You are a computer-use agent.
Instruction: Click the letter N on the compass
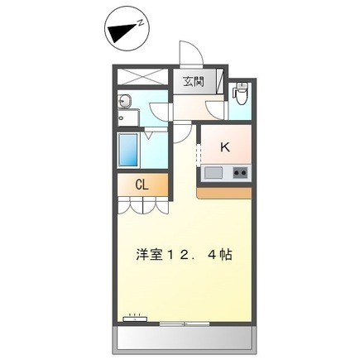[141, 22]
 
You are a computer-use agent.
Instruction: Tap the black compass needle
[122, 32]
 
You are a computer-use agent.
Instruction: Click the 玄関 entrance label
[194, 82]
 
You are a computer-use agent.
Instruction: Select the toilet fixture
[241, 93]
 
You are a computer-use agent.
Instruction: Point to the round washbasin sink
[125, 101]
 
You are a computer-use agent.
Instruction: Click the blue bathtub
[127, 150]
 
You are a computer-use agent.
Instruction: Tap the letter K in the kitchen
[225, 147]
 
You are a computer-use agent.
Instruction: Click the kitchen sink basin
[214, 173]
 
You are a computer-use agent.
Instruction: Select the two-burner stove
[240, 173]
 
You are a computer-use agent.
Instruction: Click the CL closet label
[142, 185]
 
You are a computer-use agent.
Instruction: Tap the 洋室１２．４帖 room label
[184, 255]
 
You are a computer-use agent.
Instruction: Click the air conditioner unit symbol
[135, 319]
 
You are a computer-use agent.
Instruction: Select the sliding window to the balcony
[185, 324]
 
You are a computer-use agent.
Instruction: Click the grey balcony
[185, 340]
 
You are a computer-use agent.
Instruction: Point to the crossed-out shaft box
[143, 77]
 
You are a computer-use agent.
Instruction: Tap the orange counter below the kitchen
[224, 193]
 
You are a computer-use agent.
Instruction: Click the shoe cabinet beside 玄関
[220, 81]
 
